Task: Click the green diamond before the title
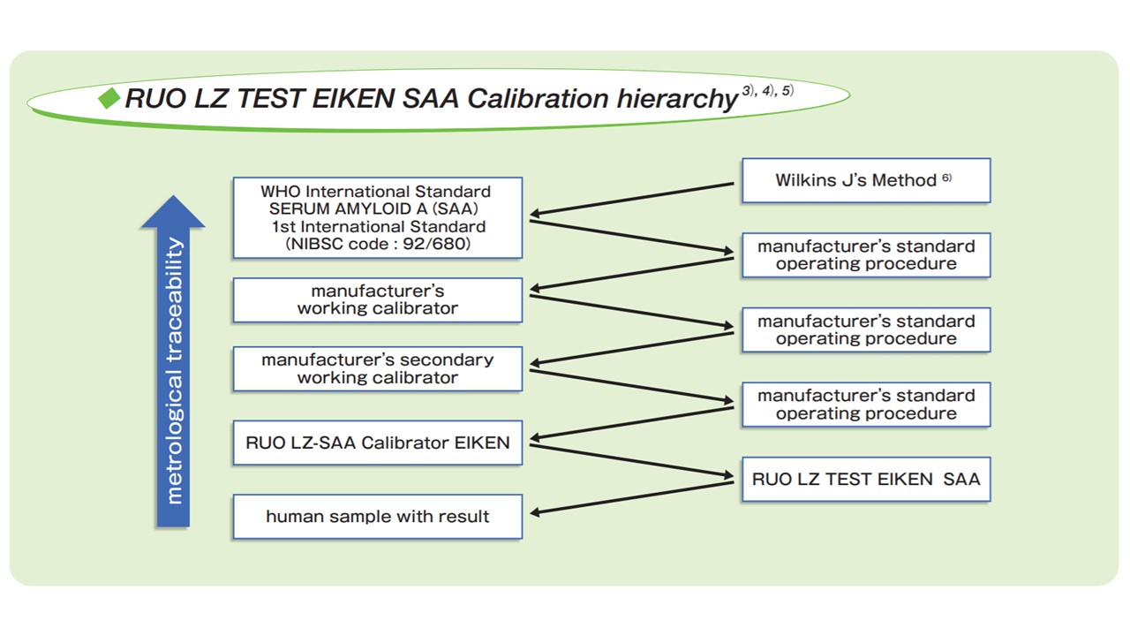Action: (x=109, y=98)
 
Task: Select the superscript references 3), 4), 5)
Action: (x=767, y=90)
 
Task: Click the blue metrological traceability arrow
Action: (x=173, y=362)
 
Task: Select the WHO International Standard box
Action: (x=377, y=217)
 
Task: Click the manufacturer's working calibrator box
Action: (x=377, y=300)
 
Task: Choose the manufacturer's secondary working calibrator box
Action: (x=377, y=369)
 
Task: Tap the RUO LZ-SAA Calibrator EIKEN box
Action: (x=377, y=443)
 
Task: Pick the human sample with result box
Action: (x=377, y=516)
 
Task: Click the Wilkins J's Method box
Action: (x=865, y=180)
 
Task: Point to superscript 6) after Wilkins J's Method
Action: (x=946, y=178)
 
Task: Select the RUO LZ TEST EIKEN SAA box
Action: (x=865, y=479)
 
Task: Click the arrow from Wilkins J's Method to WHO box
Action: (x=631, y=199)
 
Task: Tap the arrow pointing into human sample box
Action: (x=631, y=497)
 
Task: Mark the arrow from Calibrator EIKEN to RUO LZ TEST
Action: (x=631, y=461)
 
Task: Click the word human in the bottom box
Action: (x=294, y=517)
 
